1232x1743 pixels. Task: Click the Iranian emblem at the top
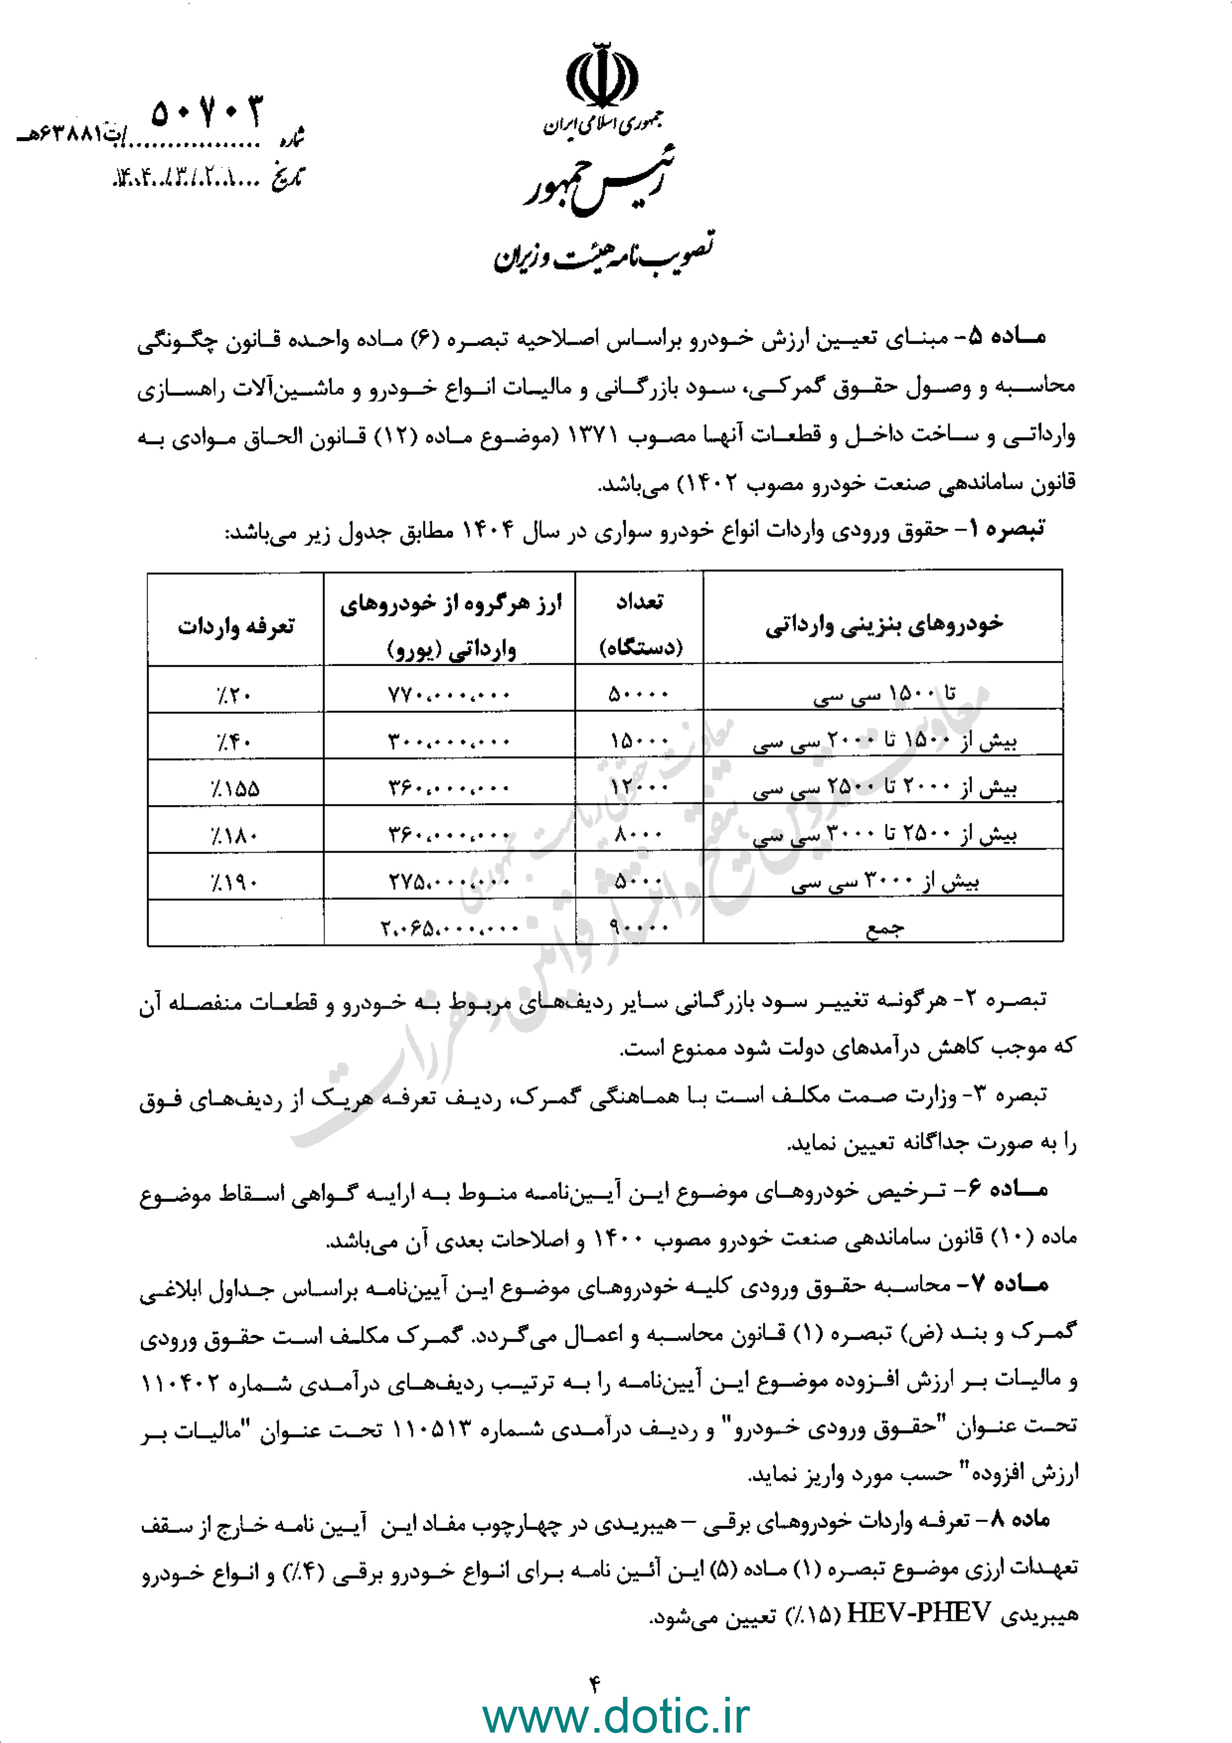602,77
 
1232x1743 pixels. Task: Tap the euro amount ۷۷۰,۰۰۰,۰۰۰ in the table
449,695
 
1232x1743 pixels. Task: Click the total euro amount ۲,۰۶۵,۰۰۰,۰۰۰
449,928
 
